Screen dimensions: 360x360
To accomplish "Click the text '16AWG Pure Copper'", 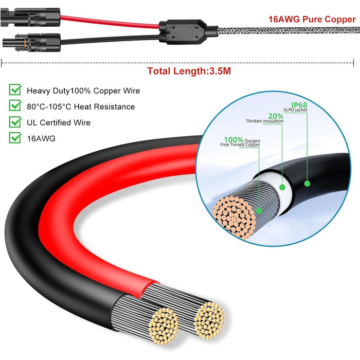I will tap(312, 20).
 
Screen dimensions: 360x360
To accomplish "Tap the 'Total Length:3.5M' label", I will tap(189, 71).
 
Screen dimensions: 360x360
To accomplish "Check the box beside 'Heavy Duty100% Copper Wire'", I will tap(15, 91).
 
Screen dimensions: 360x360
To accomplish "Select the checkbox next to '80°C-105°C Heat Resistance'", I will tap(15, 106).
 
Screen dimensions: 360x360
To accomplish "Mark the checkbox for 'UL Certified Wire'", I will tap(15, 122).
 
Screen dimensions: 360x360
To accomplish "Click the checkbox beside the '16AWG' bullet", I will tap(15, 138).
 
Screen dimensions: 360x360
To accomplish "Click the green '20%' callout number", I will tap(275, 116).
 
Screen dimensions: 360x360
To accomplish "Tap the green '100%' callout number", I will tap(233, 140).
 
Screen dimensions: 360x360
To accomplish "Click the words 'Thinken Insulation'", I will tap(264, 122).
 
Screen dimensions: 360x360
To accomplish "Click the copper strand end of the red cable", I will tap(209, 316).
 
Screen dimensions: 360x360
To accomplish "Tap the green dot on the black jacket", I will tap(308, 183).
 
